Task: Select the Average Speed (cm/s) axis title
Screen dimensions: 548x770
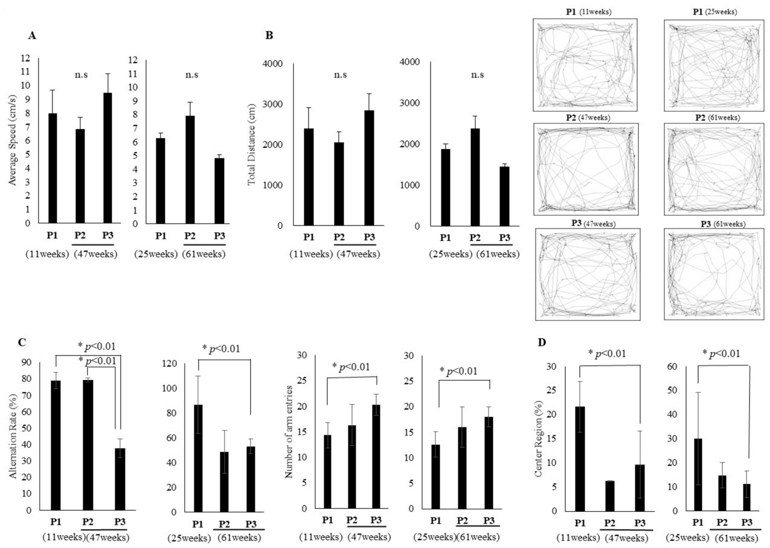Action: (12, 140)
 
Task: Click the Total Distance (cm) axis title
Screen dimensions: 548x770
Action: (252, 144)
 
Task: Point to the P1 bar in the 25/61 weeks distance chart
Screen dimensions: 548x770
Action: (445, 188)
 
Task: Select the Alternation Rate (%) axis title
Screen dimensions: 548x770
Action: (13, 436)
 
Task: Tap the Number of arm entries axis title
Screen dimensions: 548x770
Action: (289, 432)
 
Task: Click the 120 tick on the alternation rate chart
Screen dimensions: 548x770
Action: (169, 363)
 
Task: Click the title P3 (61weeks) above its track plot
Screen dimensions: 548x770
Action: (723, 224)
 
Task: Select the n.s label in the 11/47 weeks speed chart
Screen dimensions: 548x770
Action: (81, 75)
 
